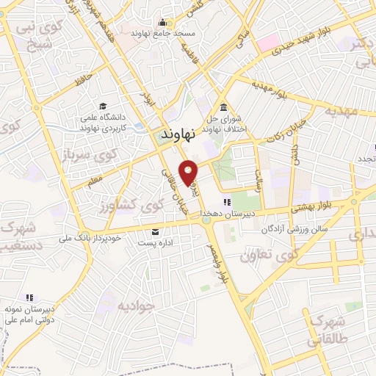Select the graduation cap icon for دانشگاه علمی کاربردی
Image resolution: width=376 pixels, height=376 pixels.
point(103,106)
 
